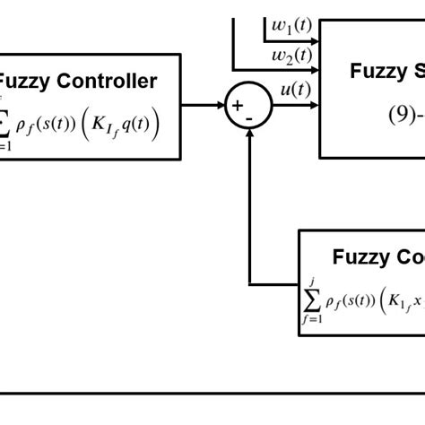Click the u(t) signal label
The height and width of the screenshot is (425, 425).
tap(296, 89)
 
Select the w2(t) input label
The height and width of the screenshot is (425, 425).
tap(292, 57)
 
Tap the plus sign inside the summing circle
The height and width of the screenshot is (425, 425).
tap(238, 105)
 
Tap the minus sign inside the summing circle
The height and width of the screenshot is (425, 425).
tap(249, 116)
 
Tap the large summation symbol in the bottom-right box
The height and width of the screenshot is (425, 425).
tap(311, 299)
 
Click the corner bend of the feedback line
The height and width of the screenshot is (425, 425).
tap(248, 284)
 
